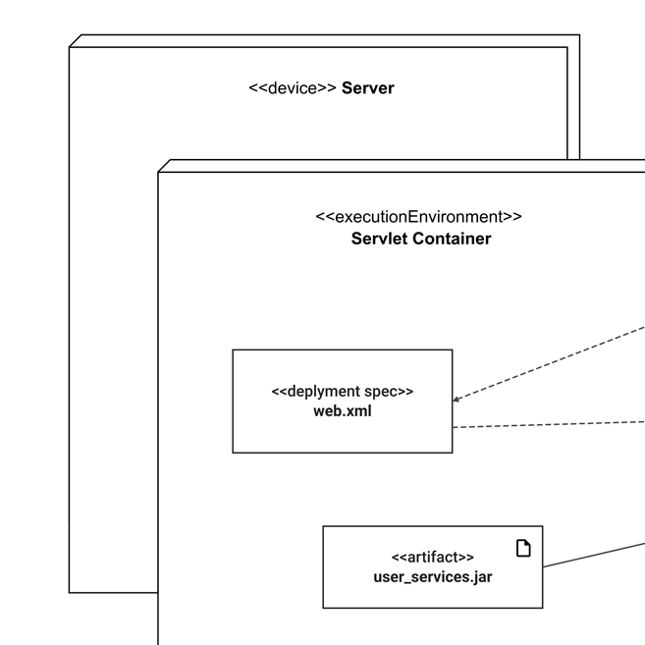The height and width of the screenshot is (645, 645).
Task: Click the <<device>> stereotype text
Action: [293, 88]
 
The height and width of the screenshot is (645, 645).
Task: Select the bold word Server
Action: [367, 88]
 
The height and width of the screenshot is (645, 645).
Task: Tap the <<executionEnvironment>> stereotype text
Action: [419, 217]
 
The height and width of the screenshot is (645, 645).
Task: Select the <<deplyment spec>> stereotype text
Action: [342, 391]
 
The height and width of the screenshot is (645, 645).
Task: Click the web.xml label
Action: [342, 410]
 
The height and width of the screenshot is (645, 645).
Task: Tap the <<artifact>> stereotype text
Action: [432, 557]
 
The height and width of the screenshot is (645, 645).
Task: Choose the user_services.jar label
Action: [432, 576]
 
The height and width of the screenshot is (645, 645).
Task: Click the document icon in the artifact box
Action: [523, 548]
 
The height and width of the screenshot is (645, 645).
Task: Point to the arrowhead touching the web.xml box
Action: [457, 400]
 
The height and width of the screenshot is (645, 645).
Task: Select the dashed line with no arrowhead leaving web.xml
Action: [550, 424]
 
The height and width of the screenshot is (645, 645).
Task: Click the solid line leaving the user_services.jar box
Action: [594, 552]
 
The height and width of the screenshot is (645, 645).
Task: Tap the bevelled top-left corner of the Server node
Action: [75, 40]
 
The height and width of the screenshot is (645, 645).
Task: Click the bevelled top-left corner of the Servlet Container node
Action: [164, 165]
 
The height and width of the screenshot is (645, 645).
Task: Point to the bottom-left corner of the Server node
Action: [70, 592]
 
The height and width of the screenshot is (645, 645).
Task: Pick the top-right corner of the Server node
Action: [579, 35]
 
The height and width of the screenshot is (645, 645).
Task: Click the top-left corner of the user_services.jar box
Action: [324, 526]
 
